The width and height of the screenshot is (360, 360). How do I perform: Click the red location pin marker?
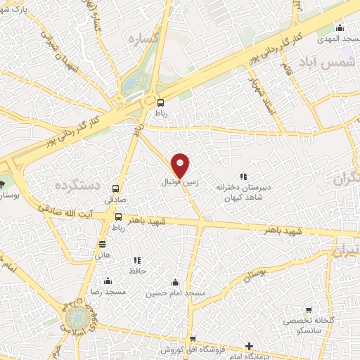point(181,165)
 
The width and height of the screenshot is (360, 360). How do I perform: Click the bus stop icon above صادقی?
point(116,188)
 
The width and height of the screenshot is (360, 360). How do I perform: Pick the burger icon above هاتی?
point(103,244)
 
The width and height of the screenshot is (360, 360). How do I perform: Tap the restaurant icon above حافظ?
point(136,260)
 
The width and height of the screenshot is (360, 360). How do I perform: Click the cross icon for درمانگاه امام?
point(249,346)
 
